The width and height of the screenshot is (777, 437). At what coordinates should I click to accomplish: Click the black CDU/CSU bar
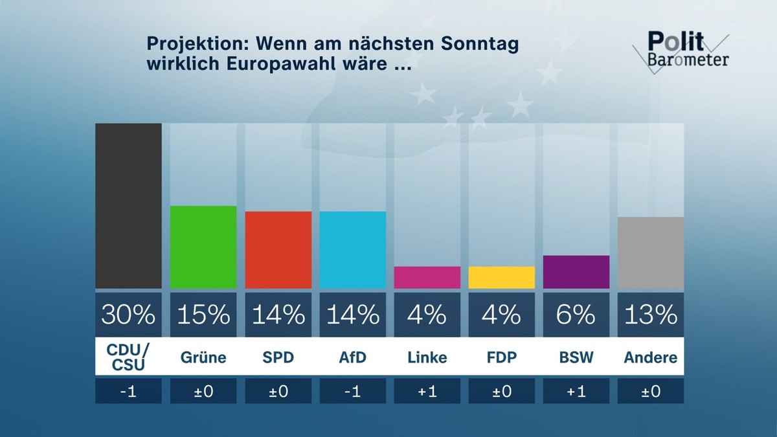click(x=128, y=206)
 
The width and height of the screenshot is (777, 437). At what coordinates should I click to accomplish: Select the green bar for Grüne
click(x=203, y=247)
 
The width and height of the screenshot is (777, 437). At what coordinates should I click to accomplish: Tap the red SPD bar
click(x=278, y=250)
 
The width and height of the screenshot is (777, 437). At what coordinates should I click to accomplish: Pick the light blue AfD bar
click(x=353, y=250)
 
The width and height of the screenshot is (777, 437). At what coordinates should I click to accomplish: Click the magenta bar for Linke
click(x=427, y=277)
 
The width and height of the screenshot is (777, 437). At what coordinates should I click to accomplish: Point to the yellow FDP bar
click(x=502, y=277)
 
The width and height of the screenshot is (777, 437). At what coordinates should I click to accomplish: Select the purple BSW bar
click(x=576, y=272)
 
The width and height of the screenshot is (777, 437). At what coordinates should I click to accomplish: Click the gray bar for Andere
click(x=651, y=252)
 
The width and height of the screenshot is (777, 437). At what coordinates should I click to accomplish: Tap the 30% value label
click(x=128, y=315)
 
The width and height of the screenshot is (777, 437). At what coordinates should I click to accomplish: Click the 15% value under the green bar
click(x=203, y=315)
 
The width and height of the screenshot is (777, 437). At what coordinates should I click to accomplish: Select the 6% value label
click(x=576, y=315)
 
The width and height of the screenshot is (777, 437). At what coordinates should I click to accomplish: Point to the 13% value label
click(x=651, y=315)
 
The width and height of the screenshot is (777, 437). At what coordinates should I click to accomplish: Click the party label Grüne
click(x=203, y=357)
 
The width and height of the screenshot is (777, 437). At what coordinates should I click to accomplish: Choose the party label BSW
click(x=576, y=357)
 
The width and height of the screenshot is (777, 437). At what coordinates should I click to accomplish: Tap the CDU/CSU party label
click(x=128, y=357)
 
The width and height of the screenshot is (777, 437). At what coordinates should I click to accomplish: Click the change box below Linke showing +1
click(x=427, y=391)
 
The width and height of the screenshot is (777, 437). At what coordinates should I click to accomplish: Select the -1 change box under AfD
click(x=353, y=391)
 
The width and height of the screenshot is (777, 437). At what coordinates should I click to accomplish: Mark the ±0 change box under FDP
click(x=502, y=391)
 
